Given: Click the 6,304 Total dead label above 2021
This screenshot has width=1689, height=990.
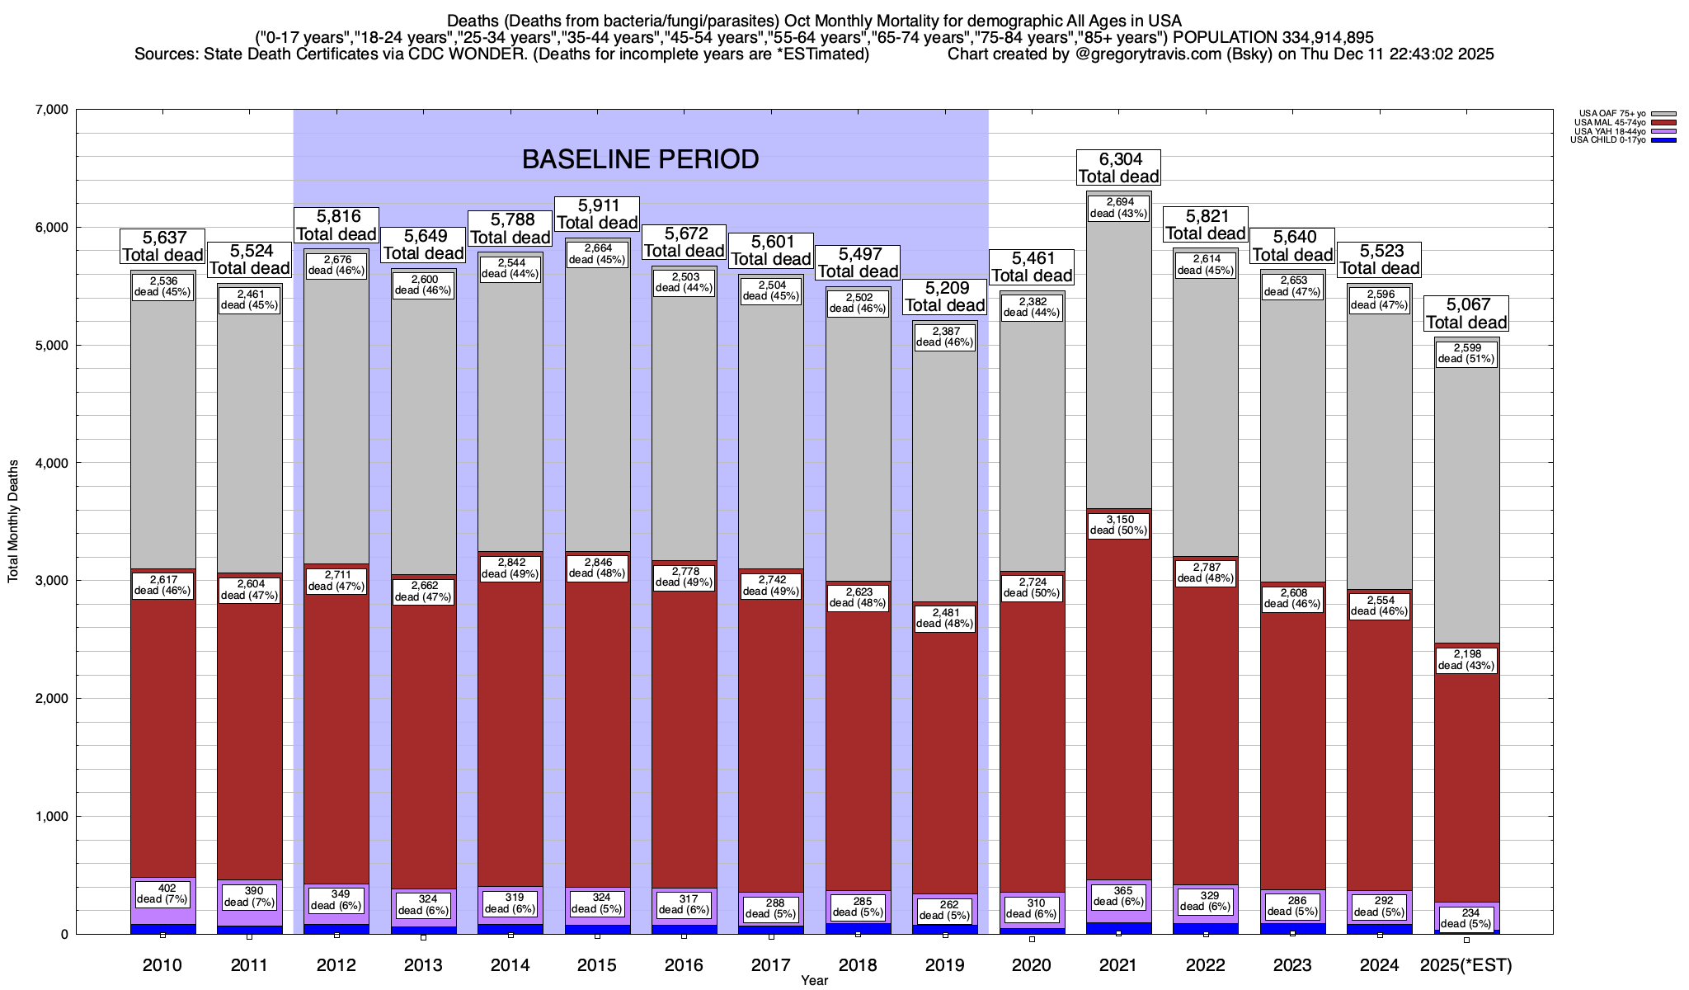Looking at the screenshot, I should click(x=1118, y=167).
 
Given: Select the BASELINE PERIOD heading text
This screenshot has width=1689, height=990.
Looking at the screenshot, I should click(x=640, y=159).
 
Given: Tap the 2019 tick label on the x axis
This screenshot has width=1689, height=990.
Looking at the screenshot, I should click(x=944, y=965).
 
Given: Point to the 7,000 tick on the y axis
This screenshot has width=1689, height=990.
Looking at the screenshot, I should click(x=50, y=110).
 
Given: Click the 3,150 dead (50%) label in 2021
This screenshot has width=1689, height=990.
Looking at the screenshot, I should click(x=1118, y=525).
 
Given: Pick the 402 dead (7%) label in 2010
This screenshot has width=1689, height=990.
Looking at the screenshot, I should click(x=162, y=893).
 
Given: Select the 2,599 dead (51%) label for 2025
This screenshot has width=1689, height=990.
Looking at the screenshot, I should click(x=1466, y=353).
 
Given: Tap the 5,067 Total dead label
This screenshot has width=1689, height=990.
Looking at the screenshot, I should click(x=1466, y=314).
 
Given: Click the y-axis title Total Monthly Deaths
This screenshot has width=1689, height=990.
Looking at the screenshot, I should click(x=13, y=521).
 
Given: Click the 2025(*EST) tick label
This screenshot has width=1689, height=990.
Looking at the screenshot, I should click(x=1466, y=965).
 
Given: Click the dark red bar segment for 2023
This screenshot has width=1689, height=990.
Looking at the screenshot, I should click(x=1292, y=742).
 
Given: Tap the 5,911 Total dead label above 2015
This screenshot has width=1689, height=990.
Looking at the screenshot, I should click(x=597, y=214).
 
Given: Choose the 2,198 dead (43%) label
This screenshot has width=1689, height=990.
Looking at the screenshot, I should click(x=1466, y=660).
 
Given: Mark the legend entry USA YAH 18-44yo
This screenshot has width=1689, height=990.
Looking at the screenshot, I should click(x=1609, y=131).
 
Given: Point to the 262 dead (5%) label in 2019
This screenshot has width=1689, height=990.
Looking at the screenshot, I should click(x=944, y=910).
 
